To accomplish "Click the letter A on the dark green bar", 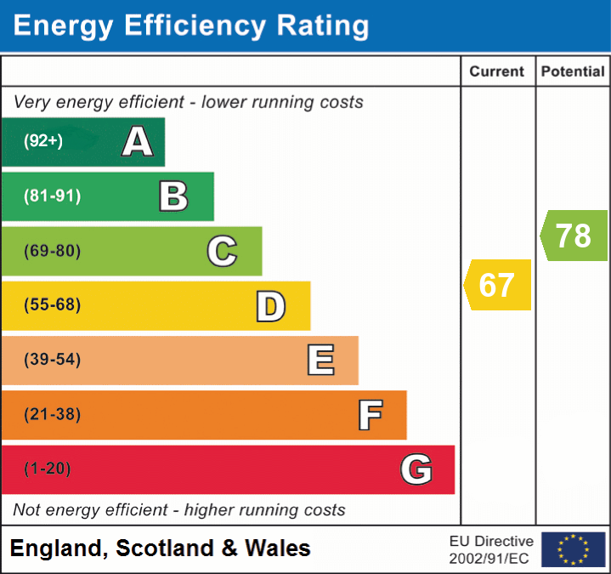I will click(x=138, y=142).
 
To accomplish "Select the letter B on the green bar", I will click(x=173, y=196).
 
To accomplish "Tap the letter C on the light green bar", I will click(x=222, y=252).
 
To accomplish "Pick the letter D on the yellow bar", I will click(x=271, y=306).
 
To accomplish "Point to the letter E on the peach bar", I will click(x=320, y=361).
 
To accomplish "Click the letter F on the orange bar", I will click(x=370, y=415).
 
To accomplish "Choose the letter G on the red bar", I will click(x=416, y=469).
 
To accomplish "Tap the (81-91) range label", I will click(x=53, y=196).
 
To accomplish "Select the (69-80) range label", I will click(x=53, y=252).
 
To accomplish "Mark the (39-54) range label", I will click(x=53, y=361).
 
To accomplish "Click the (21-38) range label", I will click(x=53, y=415).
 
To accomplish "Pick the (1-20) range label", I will click(x=48, y=469).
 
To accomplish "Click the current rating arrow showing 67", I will click(x=497, y=285).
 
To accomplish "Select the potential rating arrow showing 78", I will click(x=574, y=236).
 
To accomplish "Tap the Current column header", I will click(x=497, y=72).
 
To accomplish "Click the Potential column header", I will click(x=573, y=72).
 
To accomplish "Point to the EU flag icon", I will click(x=573, y=549).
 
